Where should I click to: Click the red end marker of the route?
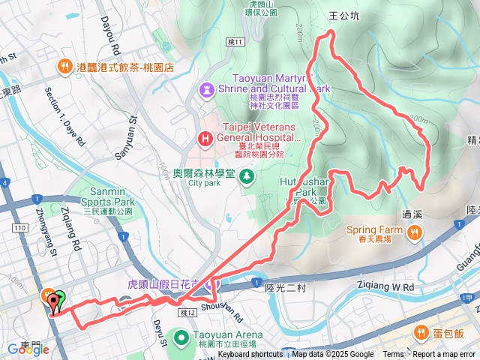(x=53, y=301)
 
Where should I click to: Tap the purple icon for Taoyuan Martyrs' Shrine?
(x=205, y=88)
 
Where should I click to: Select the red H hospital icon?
(x=204, y=138)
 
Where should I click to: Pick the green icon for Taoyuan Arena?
(x=181, y=338)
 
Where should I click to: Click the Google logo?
(x=28, y=349)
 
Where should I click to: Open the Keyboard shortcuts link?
(x=251, y=355)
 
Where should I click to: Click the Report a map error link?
(x=445, y=355)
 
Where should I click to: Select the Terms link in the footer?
(x=392, y=355)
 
